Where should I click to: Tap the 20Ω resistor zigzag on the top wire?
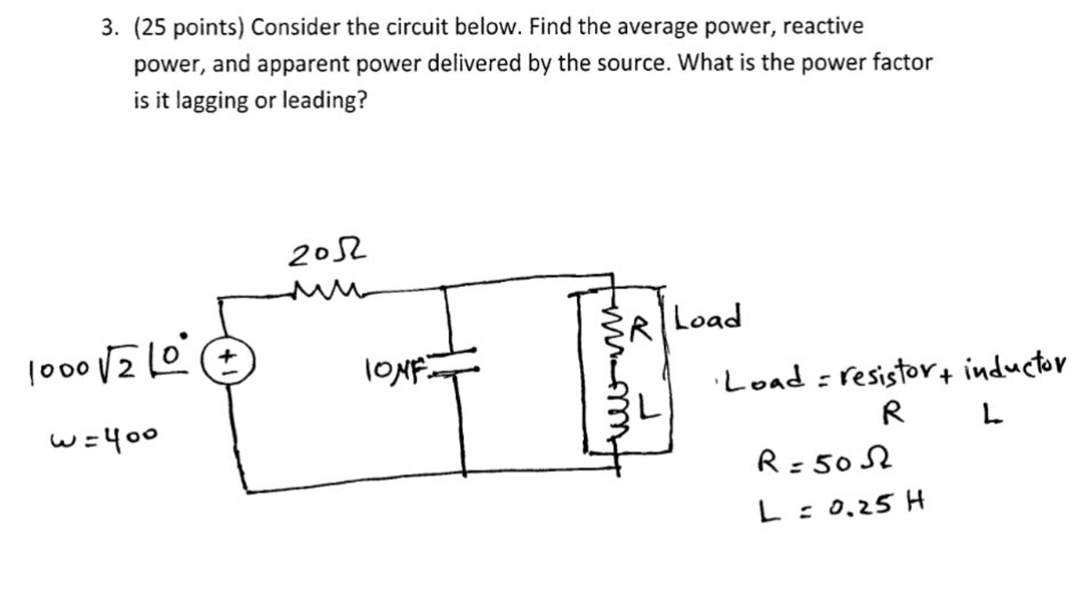click(x=326, y=289)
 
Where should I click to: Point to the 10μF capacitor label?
click(x=394, y=370)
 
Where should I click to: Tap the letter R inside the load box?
click(x=640, y=329)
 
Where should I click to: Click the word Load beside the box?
click(x=707, y=317)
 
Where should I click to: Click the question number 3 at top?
click(x=109, y=27)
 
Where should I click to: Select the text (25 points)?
click(x=189, y=27)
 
